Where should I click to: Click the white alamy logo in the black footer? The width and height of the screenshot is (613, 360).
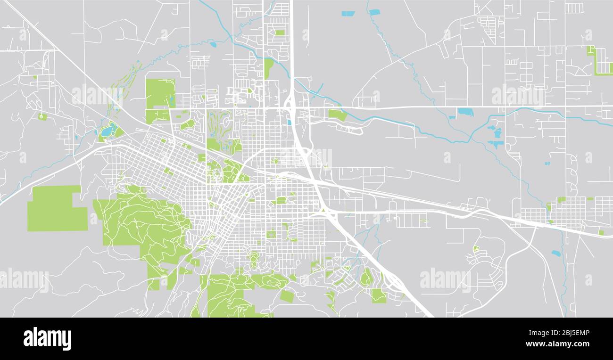47,339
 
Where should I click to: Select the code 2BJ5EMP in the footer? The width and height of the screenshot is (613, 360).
573,333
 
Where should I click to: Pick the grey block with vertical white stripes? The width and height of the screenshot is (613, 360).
573,8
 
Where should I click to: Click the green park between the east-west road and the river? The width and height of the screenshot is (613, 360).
337,115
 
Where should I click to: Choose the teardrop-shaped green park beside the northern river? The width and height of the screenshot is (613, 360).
268,68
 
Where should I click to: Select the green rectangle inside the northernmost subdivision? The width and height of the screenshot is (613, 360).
280,33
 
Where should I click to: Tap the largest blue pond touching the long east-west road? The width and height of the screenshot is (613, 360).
465,112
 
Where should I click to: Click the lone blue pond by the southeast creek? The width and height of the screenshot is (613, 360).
556,253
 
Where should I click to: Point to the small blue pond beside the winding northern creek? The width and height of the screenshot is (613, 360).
214,45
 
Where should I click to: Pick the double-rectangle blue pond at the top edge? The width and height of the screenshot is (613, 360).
348,14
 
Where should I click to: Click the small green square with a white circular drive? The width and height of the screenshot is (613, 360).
42,116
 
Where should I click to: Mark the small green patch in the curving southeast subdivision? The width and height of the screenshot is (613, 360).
476,248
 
